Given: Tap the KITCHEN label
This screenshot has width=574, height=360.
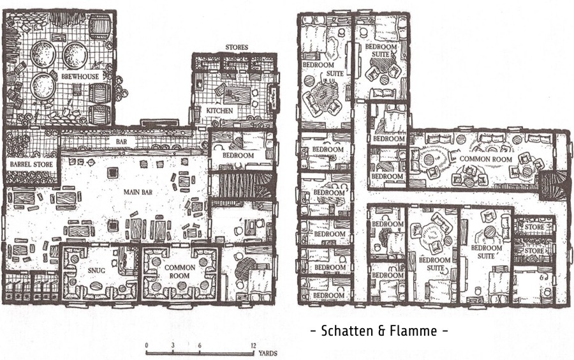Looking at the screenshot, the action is (219, 110).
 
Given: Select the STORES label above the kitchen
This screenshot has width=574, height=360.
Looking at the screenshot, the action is (237, 47).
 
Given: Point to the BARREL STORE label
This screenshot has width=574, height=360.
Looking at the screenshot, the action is (31, 165).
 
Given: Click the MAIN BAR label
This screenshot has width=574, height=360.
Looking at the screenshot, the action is (138, 192).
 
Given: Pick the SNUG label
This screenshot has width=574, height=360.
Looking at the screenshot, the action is (97, 270).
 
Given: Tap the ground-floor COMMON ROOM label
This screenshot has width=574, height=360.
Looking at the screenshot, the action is (179, 271).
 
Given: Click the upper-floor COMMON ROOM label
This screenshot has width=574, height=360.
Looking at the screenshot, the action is (485, 159).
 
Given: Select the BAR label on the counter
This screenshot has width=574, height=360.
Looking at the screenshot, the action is (121, 141).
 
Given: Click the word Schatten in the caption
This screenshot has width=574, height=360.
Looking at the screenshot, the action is (348, 331).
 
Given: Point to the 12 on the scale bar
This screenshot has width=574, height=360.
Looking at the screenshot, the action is (253, 345).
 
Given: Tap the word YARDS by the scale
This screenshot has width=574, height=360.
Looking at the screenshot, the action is (268, 354).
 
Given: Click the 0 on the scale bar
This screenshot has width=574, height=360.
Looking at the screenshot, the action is (147, 345).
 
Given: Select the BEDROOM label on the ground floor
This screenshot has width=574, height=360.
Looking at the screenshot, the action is (239, 155).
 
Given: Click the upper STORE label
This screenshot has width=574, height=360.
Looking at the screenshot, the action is (534, 227).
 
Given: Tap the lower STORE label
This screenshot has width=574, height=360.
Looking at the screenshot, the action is (534, 251).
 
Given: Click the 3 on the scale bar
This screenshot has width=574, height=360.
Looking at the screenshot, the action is (173, 345).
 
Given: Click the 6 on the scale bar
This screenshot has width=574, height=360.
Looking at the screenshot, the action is (200, 345).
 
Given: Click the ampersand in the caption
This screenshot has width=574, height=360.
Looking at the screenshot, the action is (381, 331).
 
